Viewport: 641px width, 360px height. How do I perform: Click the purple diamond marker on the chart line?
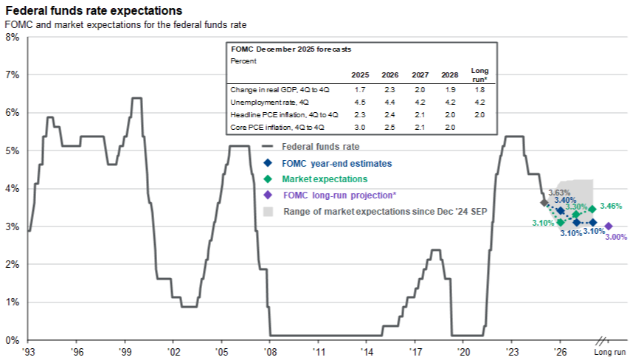(x=609, y=226)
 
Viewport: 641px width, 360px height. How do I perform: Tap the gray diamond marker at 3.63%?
(x=544, y=202)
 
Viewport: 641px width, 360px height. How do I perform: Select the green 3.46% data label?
(x=611, y=206)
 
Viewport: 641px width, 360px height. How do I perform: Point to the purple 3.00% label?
(x=616, y=237)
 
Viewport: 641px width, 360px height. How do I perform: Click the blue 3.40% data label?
(x=565, y=200)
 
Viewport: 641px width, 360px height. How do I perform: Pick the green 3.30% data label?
(x=576, y=207)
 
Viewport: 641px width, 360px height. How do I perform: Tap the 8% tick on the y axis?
(x=13, y=37)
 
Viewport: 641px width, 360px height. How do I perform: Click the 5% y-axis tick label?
(x=13, y=150)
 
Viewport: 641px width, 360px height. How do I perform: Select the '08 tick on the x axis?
(x=270, y=352)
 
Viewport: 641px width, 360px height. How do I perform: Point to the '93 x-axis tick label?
(x=29, y=352)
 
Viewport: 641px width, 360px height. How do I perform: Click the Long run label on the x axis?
(x=609, y=352)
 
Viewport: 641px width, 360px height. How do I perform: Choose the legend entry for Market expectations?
(x=325, y=179)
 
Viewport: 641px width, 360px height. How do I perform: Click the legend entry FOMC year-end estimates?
(x=337, y=164)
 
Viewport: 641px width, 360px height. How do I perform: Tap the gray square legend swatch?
(x=268, y=211)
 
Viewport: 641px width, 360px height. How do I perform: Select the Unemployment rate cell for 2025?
(x=360, y=102)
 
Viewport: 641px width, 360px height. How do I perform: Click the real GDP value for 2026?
(x=389, y=89)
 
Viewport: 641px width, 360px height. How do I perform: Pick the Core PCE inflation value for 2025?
(x=360, y=127)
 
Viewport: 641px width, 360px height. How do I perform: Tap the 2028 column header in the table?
(x=450, y=75)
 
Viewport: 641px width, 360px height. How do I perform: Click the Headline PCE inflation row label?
(x=284, y=115)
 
